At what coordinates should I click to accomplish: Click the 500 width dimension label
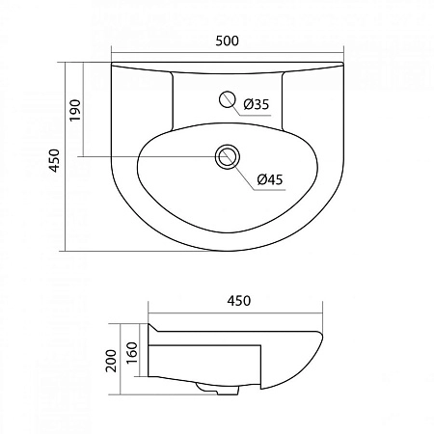227,41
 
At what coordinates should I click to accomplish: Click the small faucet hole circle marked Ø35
228,98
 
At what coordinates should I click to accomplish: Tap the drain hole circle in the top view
228,156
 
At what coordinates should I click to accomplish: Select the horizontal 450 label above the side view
238,300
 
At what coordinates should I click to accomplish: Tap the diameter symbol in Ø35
248,104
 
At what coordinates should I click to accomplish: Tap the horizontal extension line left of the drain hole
145,156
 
